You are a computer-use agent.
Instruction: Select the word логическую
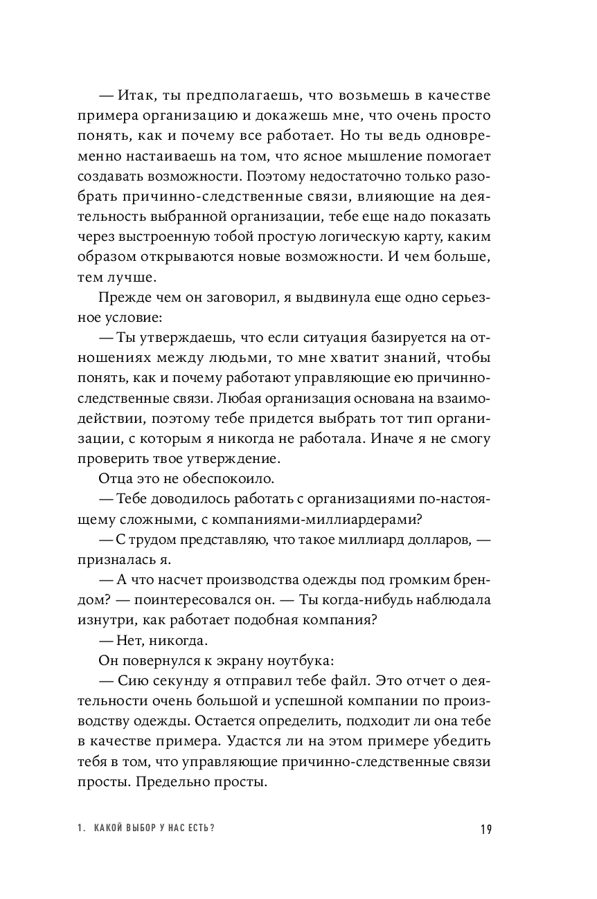373,236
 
